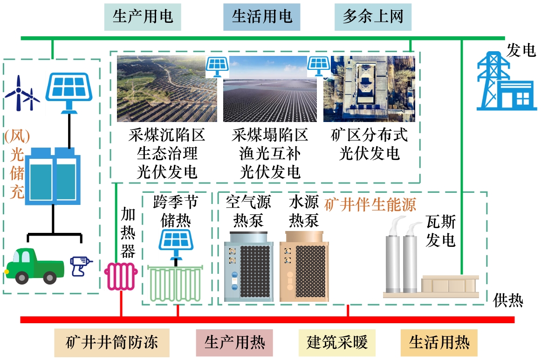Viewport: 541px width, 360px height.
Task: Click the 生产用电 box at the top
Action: [143, 17]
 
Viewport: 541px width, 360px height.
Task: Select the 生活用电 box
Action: [262, 17]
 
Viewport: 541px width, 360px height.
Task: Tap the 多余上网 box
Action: [373, 17]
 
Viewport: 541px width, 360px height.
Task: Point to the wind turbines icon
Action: [22, 92]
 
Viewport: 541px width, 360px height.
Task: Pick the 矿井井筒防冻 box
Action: [112, 343]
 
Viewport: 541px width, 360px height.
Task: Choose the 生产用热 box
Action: [235, 343]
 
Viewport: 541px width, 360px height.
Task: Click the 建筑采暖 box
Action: [337, 343]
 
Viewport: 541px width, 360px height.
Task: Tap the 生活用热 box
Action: [439, 343]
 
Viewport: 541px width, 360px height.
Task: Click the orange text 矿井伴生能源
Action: [370, 205]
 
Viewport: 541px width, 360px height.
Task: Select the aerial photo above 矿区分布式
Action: [369, 89]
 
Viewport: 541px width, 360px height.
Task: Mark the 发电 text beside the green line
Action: [520, 50]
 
